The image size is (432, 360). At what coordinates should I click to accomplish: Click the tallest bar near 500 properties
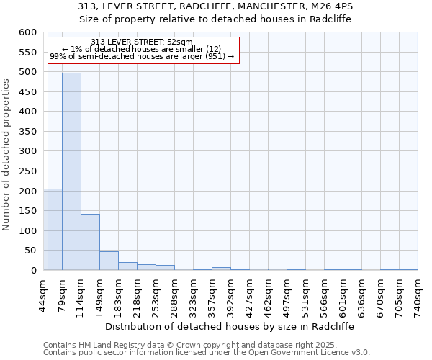point(71,171)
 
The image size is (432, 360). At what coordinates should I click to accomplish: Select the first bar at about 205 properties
point(53,229)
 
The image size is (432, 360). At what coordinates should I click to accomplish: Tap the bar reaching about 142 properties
point(90,242)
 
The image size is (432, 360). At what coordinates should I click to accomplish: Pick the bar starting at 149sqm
point(109,261)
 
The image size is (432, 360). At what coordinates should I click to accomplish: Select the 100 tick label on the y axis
point(27,231)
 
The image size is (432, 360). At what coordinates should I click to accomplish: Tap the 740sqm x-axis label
point(418,293)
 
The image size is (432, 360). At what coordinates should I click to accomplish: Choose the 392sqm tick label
point(231,293)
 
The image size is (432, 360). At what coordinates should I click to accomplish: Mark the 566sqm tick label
point(325,293)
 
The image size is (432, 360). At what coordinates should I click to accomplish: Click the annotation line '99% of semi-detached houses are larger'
point(142,56)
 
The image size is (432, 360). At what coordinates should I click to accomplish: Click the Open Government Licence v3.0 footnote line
point(207,353)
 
